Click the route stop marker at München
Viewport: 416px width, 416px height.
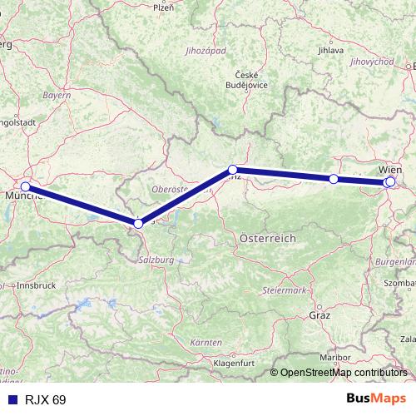[26, 186]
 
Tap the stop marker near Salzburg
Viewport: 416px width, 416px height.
[139, 223]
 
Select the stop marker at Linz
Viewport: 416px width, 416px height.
[233, 170]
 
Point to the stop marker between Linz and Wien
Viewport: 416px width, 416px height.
[334, 179]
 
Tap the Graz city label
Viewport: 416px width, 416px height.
[319, 316]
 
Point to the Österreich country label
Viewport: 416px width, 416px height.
[268, 238]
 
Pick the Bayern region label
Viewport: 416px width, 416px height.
[57, 97]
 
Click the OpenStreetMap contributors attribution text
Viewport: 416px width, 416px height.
[339, 373]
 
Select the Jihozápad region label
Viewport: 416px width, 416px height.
[206, 52]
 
